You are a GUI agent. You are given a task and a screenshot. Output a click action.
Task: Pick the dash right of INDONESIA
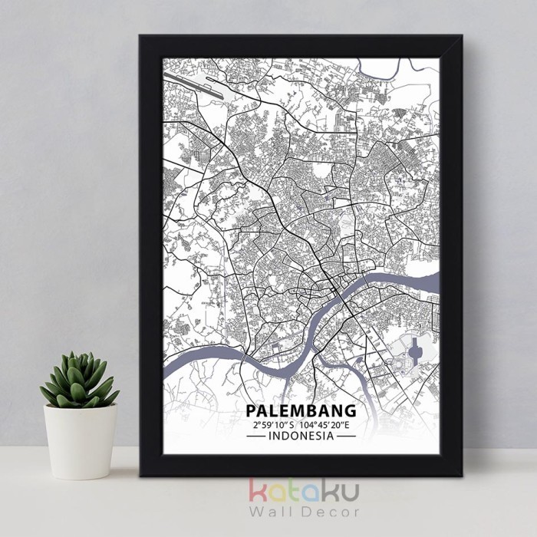(x=347, y=436)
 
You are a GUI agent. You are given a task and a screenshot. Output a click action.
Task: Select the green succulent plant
(x=79, y=380)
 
